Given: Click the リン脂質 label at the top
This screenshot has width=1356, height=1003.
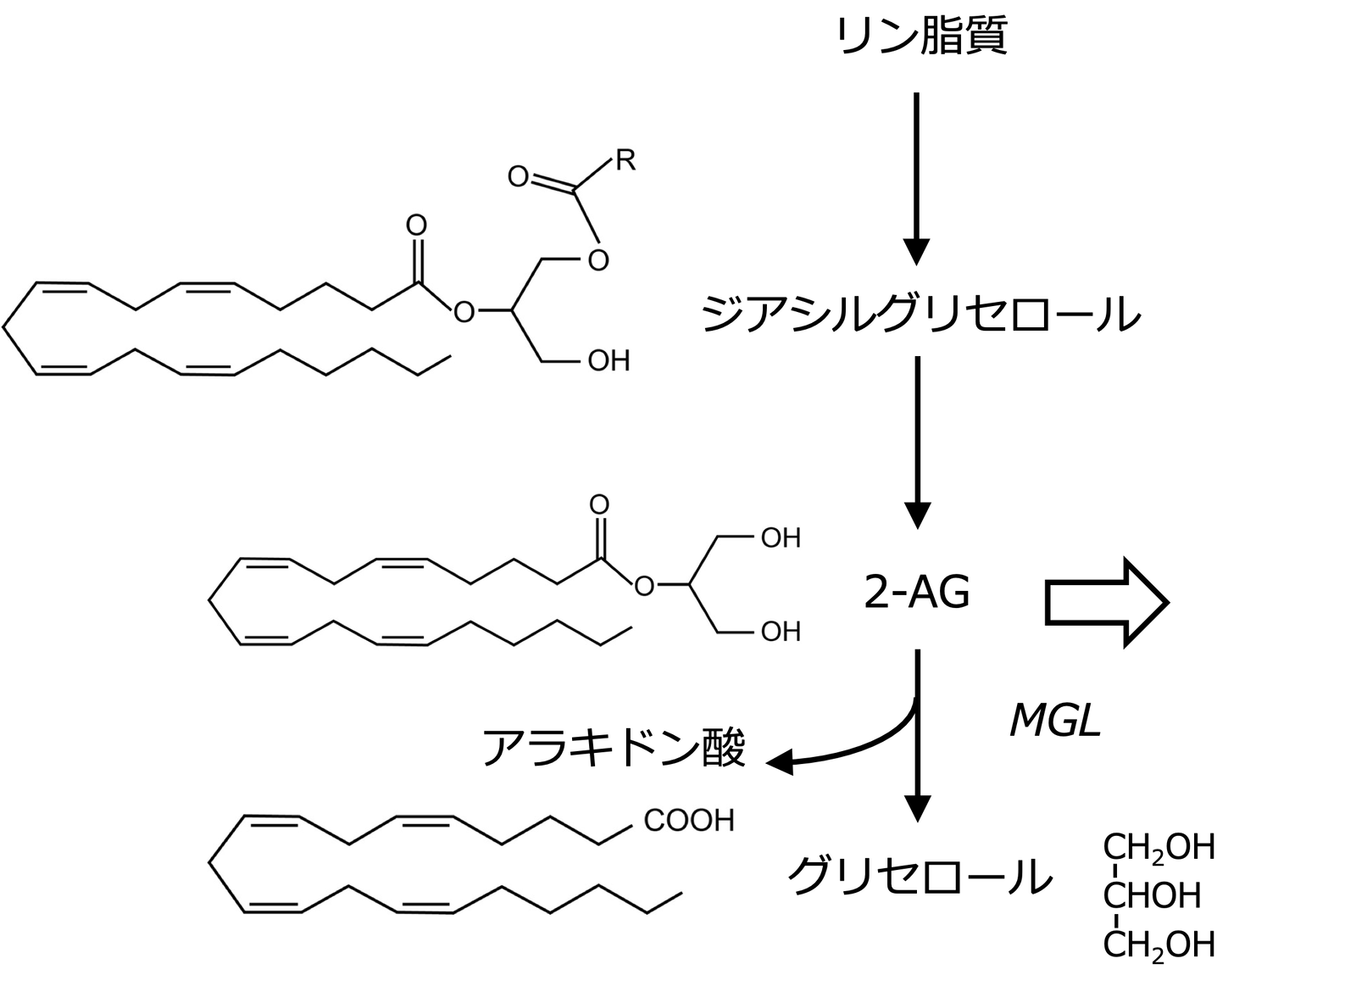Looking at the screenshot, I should pyautogui.click(x=920, y=37).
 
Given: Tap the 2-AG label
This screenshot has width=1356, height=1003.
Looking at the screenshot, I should pyautogui.click(x=916, y=593).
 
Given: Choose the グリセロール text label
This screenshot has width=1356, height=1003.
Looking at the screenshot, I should pyautogui.click(x=920, y=877).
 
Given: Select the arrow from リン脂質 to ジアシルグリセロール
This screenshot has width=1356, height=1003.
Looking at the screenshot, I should pyautogui.click(x=917, y=178).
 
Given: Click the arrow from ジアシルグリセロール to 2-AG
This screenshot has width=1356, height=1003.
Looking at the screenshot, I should pyautogui.click(x=917, y=441).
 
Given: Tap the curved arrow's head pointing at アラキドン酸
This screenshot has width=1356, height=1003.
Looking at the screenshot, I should pyautogui.click(x=780, y=762).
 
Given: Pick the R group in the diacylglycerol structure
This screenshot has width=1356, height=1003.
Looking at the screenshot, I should pyautogui.click(x=625, y=160).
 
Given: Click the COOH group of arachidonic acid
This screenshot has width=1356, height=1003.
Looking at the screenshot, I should pyautogui.click(x=688, y=821).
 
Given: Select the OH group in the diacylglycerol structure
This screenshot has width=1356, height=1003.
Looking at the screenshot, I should pyautogui.click(x=609, y=361).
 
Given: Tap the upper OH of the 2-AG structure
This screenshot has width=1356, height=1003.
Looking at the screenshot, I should pyautogui.click(x=780, y=538).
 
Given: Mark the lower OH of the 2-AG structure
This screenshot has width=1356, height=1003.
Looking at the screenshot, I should pyautogui.click(x=780, y=632).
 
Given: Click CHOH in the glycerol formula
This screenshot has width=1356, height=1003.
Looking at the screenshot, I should pyautogui.click(x=1153, y=895).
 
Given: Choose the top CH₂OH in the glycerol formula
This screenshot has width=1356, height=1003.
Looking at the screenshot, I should pyautogui.click(x=1159, y=847).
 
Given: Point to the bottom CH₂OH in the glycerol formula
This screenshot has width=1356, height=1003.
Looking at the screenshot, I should pyautogui.click(x=1159, y=944).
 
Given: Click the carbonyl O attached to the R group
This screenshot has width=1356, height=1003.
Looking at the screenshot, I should pyautogui.click(x=518, y=177).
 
